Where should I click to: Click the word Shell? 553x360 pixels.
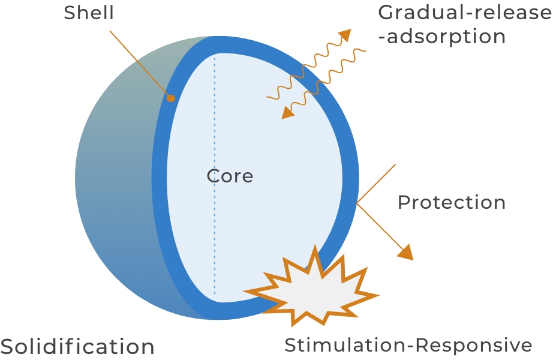[x=89, y=13]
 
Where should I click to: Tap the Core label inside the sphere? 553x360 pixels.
[x=230, y=176]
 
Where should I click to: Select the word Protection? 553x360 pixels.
[x=452, y=202]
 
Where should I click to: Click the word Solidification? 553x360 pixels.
[x=77, y=346]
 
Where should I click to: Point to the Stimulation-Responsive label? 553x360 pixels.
[x=408, y=346]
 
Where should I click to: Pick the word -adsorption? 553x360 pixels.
[x=445, y=37]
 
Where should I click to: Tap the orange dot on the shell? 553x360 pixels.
[x=171, y=98]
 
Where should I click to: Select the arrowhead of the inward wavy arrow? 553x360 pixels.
[x=287, y=112]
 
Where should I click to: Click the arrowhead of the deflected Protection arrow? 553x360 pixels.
[x=407, y=252]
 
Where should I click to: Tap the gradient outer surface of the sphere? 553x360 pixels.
[x=114, y=198]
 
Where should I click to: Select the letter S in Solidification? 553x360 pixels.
[x=7, y=346]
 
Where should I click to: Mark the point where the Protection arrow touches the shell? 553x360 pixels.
[x=357, y=204]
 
